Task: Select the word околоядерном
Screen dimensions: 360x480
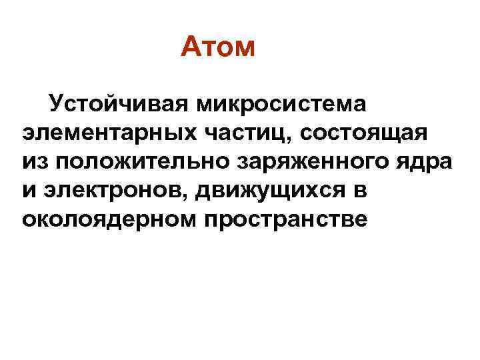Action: (105, 219)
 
